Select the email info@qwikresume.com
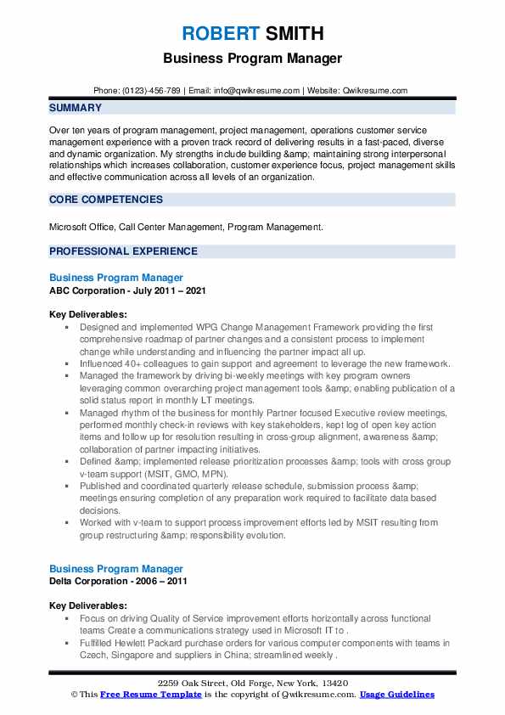(259, 91)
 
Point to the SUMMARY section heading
(76, 108)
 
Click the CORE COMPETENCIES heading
(106, 200)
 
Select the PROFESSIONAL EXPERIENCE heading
(123, 251)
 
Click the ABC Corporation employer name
(87, 290)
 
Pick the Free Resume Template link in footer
(144, 695)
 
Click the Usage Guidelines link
(397, 695)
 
